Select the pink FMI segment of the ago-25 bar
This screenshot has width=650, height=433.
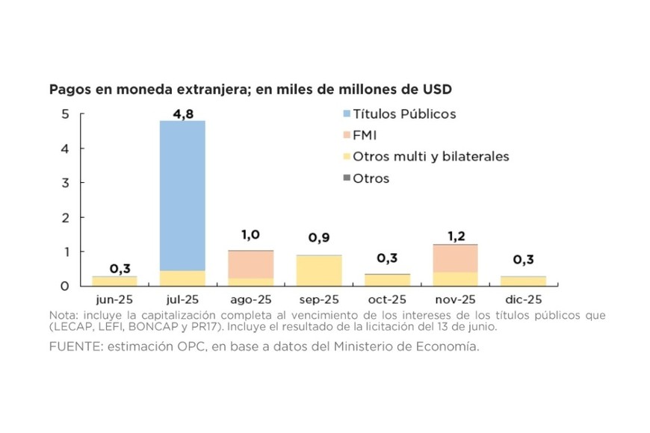(251, 264)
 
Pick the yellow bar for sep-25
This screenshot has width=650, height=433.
(319, 271)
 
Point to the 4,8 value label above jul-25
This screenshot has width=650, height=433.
(182, 113)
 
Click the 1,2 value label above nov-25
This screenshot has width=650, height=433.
(456, 236)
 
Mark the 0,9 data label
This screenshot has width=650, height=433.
(320, 238)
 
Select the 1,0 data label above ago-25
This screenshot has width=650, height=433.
(251, 234)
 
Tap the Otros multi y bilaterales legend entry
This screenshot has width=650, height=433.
(430, 157)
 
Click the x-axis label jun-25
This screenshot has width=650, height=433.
(114, 300)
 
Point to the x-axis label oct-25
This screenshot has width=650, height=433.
(388, 300)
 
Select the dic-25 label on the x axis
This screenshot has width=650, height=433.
(524, 300)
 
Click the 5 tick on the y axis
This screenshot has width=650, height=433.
(66, 114)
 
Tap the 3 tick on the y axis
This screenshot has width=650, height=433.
(66, 183)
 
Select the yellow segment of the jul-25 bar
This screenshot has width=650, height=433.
(182, 278)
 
